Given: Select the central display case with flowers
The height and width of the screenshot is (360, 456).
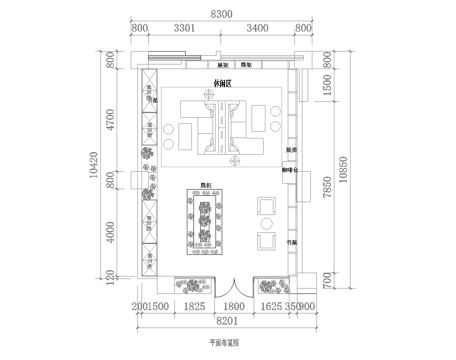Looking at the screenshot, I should click(205, 223).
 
